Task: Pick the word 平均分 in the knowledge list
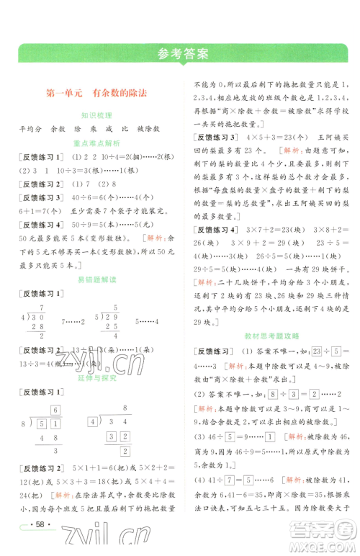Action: pos(32,128)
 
